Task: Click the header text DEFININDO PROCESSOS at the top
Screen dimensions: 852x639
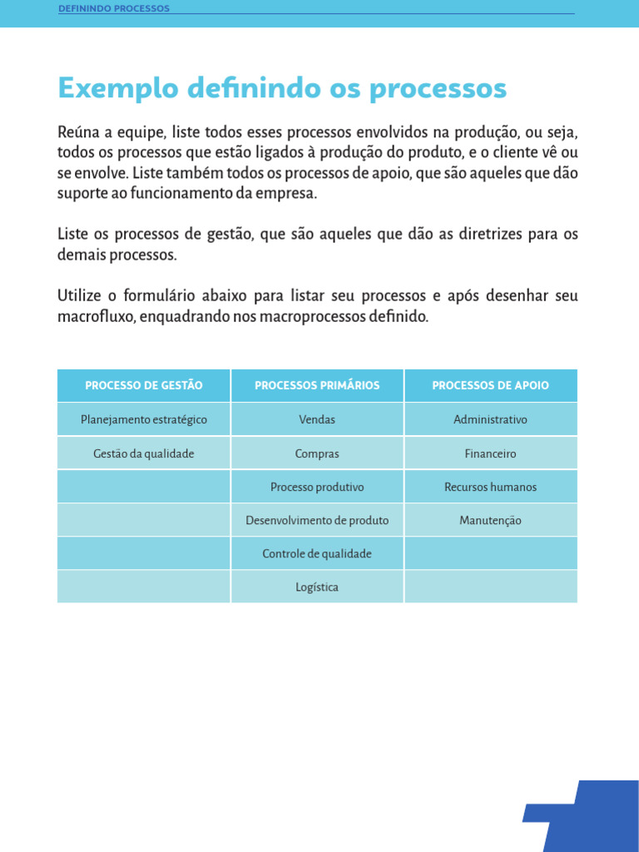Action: [114, 8]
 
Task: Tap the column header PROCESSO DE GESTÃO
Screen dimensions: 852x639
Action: [144, 385]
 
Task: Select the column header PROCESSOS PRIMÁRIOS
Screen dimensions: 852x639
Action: [317, 385]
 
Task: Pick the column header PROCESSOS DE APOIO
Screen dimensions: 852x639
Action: [490, 385]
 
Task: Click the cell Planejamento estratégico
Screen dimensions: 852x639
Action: [144, 419]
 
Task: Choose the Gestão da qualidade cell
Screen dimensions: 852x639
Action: [144, 453]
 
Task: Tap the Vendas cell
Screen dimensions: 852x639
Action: [317, 419]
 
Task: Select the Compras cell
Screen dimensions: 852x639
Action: [317, 453]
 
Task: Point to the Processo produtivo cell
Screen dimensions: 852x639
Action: [317, 487]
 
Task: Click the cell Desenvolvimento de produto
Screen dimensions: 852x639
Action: [317, 520]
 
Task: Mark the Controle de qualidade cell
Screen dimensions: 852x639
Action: [317, 553]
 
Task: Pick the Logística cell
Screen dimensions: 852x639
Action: [317, 587]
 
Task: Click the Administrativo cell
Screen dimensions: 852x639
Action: [490, 419]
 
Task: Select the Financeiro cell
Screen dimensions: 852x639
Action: [490, 453]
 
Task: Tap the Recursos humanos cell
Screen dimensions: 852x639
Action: [490, 487]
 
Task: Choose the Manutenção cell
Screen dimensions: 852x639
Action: [490, 520]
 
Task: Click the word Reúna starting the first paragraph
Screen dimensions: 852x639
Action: [78, 133]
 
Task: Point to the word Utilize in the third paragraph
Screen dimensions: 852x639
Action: [81, 296]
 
